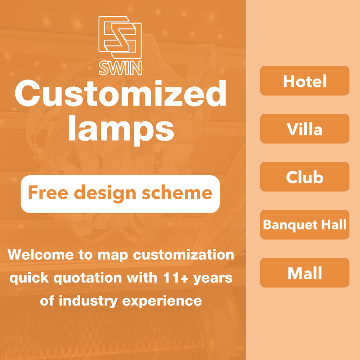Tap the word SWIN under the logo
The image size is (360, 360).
click(x=120, y=68)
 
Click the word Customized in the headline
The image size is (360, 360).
click(x=120, y=94)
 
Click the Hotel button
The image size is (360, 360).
click(x=305, y=81)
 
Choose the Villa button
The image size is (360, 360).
click(x=305, y=129)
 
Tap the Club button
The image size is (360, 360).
click(x=305, y=177)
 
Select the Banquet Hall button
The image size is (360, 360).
click(x=305, y=225)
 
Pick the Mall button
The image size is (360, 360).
click(x=305, y=273)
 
